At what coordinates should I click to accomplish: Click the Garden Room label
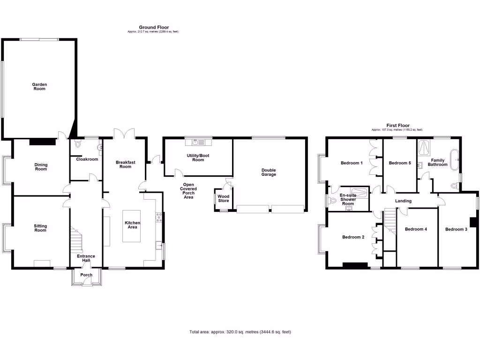point(39,86)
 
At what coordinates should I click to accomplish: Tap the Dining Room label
point(41,166)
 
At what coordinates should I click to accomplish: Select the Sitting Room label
point(40,228)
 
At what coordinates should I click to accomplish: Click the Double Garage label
point(269,172)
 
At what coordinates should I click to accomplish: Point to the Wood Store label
point(224,199)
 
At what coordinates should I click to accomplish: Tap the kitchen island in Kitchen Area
point(132,226)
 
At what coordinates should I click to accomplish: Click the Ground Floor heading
point(154,28)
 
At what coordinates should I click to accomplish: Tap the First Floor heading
point(397,126)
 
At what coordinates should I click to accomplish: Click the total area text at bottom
point(240,332)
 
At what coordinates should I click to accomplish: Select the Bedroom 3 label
point(456,229)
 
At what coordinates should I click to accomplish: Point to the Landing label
point(403,201)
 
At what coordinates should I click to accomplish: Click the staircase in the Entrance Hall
point(76,240)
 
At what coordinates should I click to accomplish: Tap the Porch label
point(86,275)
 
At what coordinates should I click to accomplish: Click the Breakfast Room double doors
point(124,134)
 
